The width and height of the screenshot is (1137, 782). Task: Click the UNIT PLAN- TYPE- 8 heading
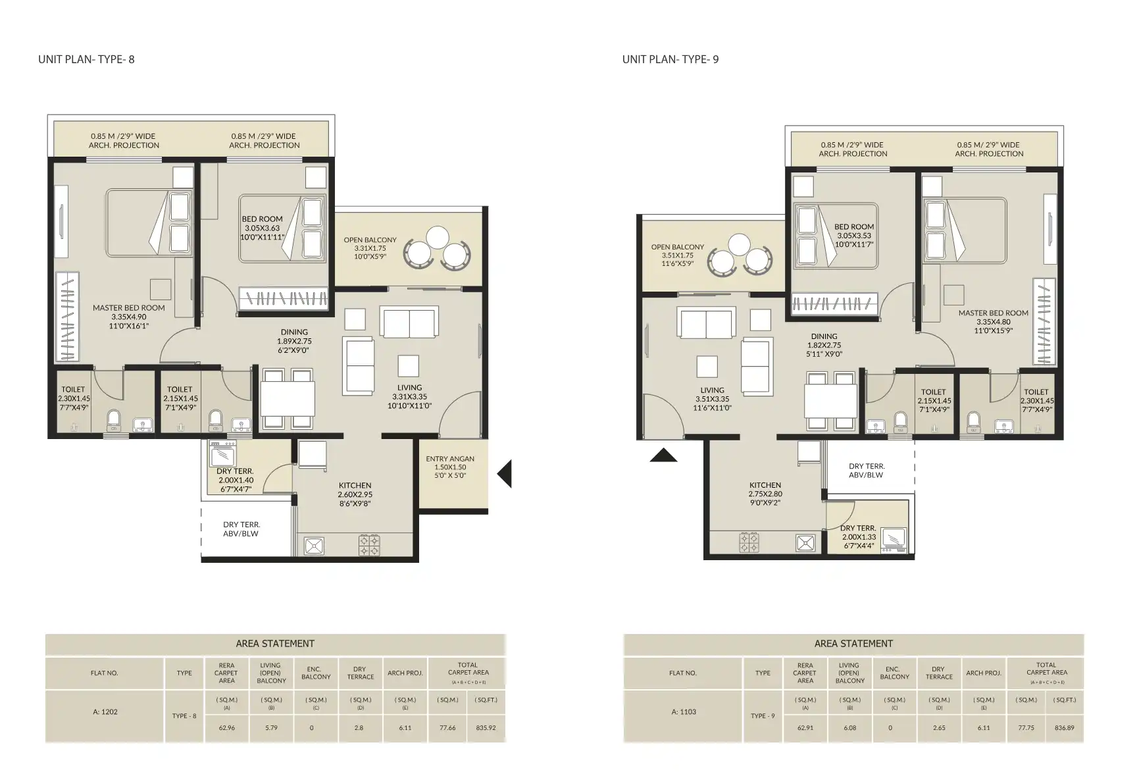(x=86, y=59)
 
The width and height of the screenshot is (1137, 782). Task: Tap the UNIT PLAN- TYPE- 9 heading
(x=670, y=59)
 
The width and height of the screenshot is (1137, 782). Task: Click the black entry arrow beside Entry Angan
(x=505, y=474)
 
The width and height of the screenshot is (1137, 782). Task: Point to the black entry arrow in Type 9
(x=663, y=455)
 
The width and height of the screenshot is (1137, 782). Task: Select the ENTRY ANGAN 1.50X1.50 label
(x=450, y=467)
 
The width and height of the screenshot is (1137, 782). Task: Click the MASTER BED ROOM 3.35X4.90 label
(x=128, y=317)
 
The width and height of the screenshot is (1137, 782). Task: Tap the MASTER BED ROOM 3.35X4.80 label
(x=993, y=322)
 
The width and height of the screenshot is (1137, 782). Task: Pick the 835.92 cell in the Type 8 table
(x=486, y=728)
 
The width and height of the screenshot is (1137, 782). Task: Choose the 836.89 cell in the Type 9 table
(x=1064, y=728)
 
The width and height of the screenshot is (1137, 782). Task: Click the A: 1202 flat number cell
(x=105, y=712)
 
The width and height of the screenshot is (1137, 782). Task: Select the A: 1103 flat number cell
(x=683, y=712)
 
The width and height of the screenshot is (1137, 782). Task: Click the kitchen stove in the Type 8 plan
(x=368, y=545)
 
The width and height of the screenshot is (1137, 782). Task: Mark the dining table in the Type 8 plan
(x=288, y=398)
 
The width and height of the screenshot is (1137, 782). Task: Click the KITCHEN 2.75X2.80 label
(x=765, y=493)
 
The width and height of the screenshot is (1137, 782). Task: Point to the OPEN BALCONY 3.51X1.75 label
(x=677, y=255)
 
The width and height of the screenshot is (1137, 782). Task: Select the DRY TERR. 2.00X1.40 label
(x=235, y=480)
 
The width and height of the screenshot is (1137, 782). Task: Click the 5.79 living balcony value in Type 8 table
(x=271, y=728)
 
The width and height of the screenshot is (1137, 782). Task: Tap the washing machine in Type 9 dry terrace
(x=894, y=539)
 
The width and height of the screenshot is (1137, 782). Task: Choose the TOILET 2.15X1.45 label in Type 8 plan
(x=180, y=398)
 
